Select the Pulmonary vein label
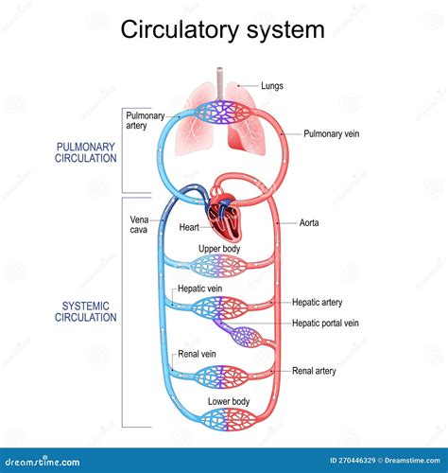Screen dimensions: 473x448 (x=330, y=134)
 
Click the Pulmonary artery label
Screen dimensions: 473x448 (x=144, y=119)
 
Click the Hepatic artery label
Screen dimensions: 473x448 (x=318, y=303)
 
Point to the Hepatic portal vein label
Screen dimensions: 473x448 (x=326, y=323)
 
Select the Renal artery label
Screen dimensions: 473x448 (x=315, y=371)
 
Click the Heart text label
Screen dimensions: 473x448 (x=187, y=227)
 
